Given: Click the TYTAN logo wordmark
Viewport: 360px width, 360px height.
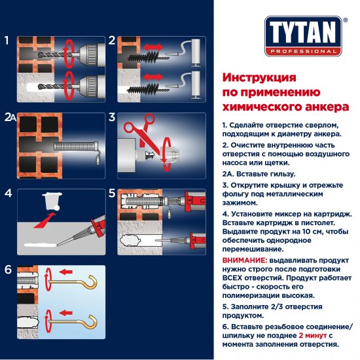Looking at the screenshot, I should pos(302,31).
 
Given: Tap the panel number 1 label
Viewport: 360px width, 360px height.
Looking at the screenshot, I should pos(7,41).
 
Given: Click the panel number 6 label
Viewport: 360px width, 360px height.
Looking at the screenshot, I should pos(7,269).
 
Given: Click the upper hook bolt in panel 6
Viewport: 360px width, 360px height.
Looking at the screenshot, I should pos(78,282).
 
